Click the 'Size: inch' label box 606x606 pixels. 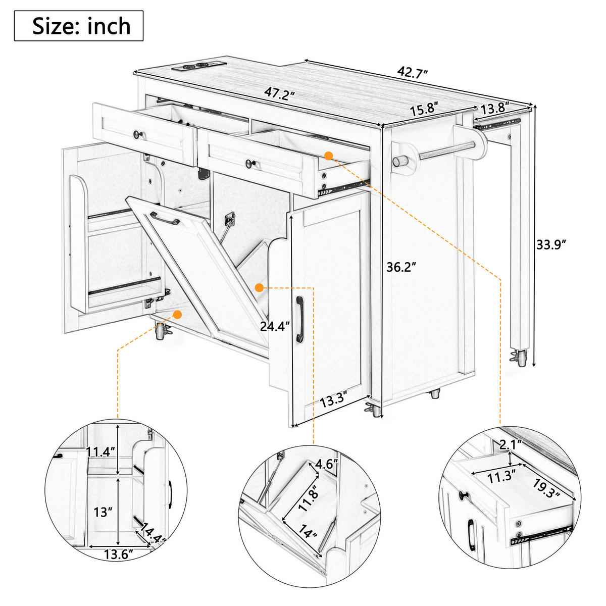tap(79, 26)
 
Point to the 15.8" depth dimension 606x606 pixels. tap(424, 109)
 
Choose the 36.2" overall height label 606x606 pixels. tap(401, 267)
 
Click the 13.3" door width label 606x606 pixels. tap(334, 400)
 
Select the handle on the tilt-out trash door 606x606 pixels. tap(165, 218)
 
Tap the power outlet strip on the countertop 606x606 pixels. tap(199, 66)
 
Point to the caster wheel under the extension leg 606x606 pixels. tap(520, 358)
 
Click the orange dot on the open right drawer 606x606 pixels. tap(329, 156)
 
